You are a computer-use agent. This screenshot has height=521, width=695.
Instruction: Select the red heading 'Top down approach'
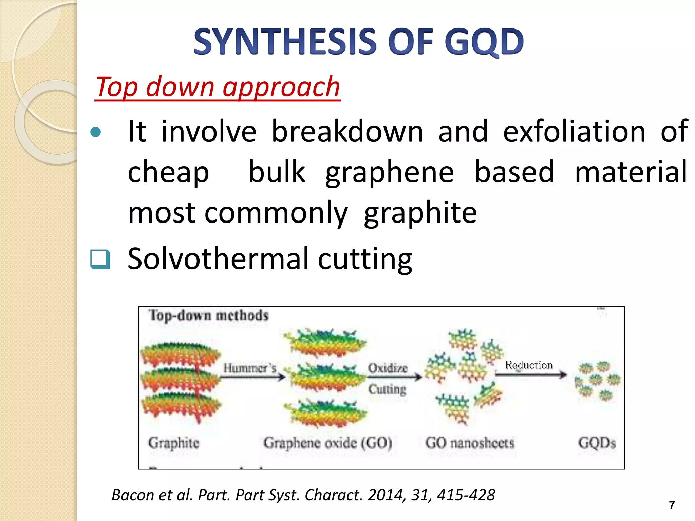click(218, 87)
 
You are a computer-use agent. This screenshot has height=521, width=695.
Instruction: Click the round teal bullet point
click(96, 132)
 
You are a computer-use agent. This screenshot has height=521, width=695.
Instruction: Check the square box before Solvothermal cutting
click(100, 259)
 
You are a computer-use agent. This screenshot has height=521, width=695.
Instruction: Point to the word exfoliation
click(574, 132)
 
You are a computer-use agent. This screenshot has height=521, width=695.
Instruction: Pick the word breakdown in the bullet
click(347, 132)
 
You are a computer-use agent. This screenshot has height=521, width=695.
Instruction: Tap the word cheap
click(168, 172)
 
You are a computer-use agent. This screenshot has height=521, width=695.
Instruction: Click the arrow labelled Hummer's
click(253, 377)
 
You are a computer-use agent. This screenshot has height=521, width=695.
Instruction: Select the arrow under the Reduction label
click(531, 374)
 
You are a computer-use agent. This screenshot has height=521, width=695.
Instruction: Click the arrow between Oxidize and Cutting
click(394, 377)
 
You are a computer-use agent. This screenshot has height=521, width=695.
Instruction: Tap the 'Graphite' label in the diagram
click(174, 443)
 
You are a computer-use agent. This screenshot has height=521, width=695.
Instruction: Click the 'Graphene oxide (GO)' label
click(328, 443)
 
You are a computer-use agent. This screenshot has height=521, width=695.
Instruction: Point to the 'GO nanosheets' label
click(470, 443)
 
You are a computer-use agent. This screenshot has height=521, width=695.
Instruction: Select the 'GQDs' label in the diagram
click(597, 443)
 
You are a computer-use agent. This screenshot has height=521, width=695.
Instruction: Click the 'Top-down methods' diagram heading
click(209, 315)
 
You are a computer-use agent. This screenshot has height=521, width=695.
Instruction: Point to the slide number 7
click(672, 505)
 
